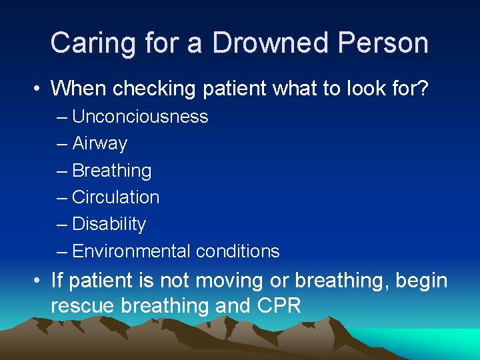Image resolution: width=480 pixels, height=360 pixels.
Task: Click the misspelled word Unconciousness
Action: [140, 117]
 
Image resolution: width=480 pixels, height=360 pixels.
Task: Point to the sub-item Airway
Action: [99, 143]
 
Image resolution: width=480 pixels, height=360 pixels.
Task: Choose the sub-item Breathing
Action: [111, 171]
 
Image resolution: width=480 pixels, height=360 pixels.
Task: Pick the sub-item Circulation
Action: [115, 197]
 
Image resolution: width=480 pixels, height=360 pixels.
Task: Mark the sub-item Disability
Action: [109, 224]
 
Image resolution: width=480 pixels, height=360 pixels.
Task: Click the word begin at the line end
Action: [421, 281]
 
